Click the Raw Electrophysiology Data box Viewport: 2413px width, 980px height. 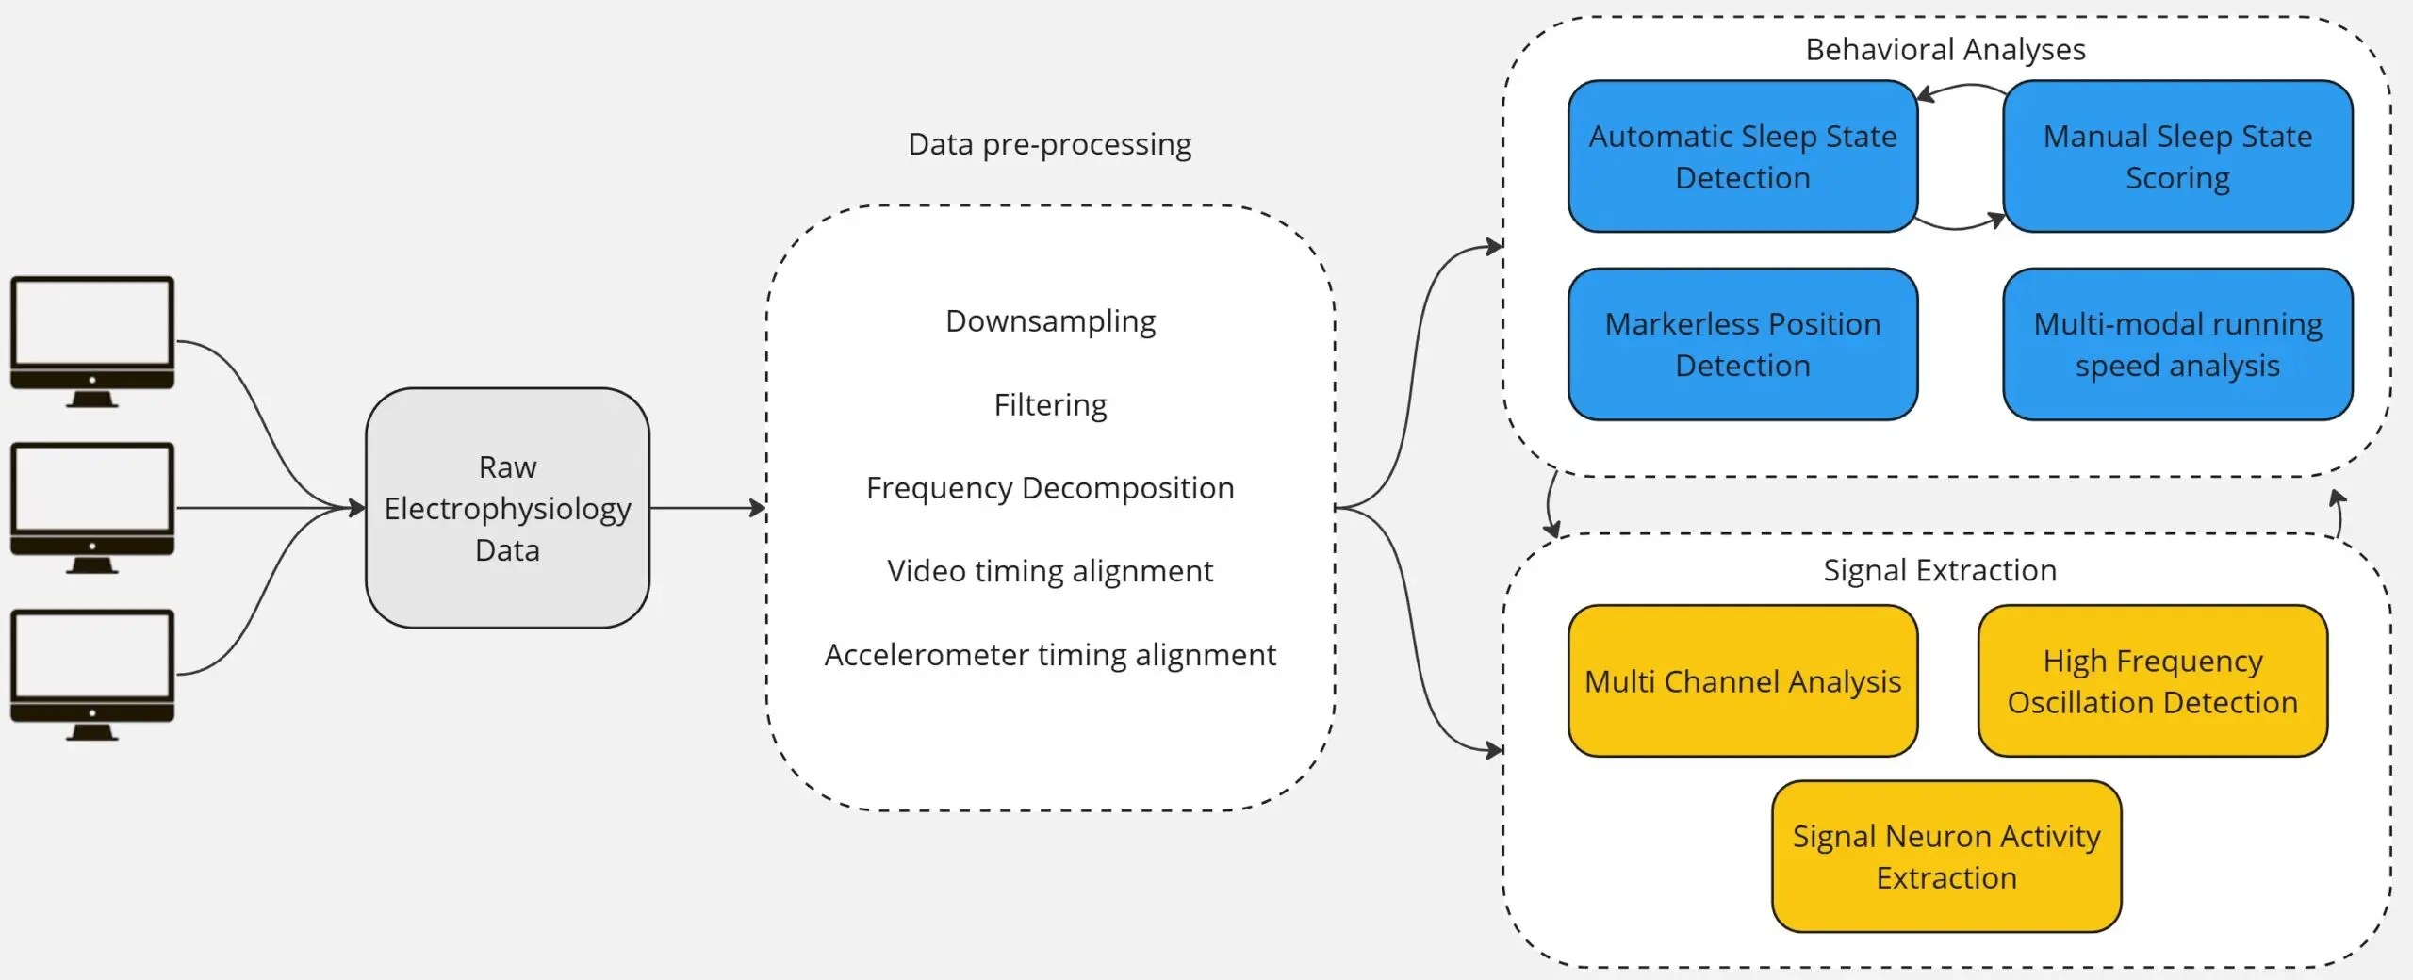pyautogui.click(x=507, y=508)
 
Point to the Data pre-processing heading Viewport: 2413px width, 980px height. pyautogui.click(x=1049, y=144)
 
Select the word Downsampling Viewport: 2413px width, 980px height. pyautogui.click(x=1050, y=321)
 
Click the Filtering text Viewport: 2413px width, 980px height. pyautogui.click(x=1050, y=405)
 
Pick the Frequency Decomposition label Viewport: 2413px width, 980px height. pyautogui.click(x=1050, y=488)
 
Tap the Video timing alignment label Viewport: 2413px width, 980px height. pyautogui.click(x=1050, y=571)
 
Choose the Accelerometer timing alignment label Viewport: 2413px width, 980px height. pyautogui.click(x=1050, y=655)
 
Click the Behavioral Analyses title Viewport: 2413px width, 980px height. pyautogui.click(x=1945, y=49)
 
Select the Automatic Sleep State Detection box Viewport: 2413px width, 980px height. pyautogui.click(x=1742, y=156)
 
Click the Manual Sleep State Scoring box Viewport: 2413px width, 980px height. pyautogui.click(x=2177, y=156)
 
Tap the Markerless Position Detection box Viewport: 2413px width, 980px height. pyautogui.click(x=1742, y=344)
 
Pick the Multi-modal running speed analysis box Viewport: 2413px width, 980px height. pyautogui.click(x=2177, y=344)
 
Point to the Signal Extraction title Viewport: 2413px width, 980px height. pyautogui.click(x=1939, y=570)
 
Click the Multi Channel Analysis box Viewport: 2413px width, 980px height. pyautogui.click(x=1742, y=680)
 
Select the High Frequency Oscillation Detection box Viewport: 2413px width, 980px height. pyautogui.click(x=2152, y=680)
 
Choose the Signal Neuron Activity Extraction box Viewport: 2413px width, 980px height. pyautogui.click(x=1945, y=856)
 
